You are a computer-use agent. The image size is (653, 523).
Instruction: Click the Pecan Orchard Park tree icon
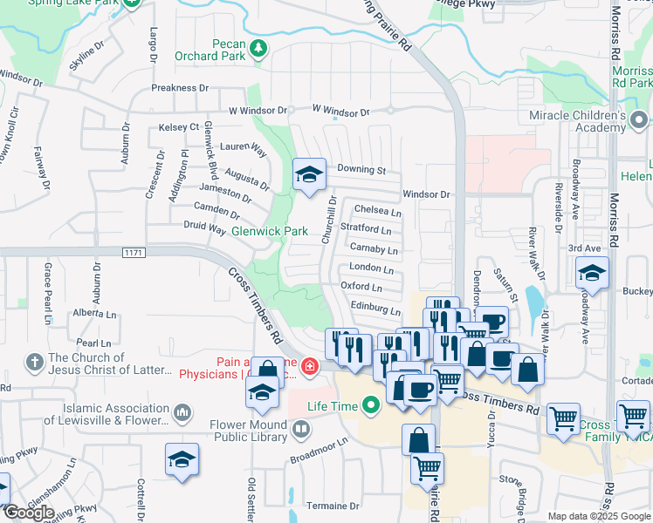258,51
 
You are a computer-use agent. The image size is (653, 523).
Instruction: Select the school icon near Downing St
308,174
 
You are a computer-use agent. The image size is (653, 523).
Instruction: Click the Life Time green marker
372,405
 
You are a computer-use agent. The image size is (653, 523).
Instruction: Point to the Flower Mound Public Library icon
300,428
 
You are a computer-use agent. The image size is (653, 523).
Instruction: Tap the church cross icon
35,361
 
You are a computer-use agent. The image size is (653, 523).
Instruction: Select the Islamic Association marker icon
182,411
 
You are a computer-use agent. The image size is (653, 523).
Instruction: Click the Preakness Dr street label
180,88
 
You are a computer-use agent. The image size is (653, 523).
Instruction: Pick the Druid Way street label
205,228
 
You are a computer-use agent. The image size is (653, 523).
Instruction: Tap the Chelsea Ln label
378,212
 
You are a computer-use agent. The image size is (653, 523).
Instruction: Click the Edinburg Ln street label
375,308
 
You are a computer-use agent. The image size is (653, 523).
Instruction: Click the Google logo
28,513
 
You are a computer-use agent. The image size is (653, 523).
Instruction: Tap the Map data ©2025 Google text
598,516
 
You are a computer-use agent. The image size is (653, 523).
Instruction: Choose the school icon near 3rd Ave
592,275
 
